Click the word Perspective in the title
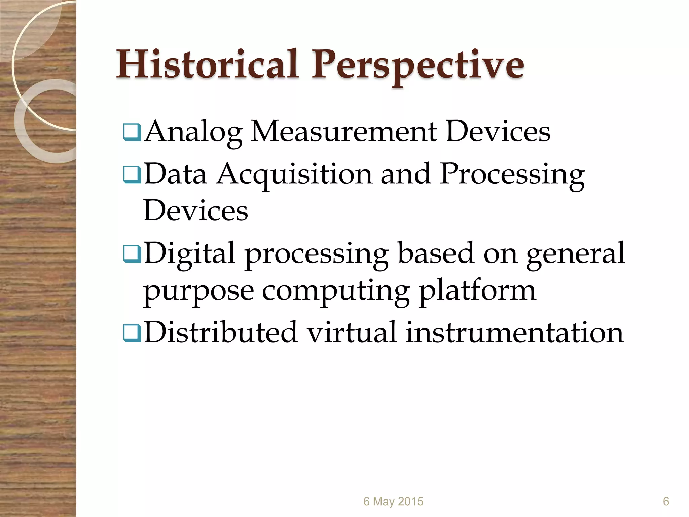(418, 66)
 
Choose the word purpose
(198, 291)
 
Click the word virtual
(352, 333)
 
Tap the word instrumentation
(514, 333)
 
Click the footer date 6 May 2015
(393, 501)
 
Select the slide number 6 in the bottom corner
(666, 501)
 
